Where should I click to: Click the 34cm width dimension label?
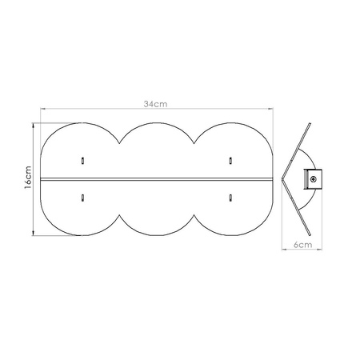[x=155, y=104]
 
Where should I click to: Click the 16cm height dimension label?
[x=27, y=179]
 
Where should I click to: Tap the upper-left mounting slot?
[x=83, y=159]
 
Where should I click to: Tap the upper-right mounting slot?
[x=230, y=159]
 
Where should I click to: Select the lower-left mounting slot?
[x=83, y=196]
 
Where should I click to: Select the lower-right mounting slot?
[x=230, y=196]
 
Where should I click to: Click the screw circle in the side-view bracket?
[x=314, y=179]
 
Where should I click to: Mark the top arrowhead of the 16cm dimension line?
[x=33, y=125]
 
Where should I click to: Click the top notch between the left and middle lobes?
[x=119, y=143]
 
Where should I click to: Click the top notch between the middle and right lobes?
[x=194, y=143]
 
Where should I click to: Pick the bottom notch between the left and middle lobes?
[x=119, y=214]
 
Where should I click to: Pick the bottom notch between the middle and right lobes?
[x=194, y=214]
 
